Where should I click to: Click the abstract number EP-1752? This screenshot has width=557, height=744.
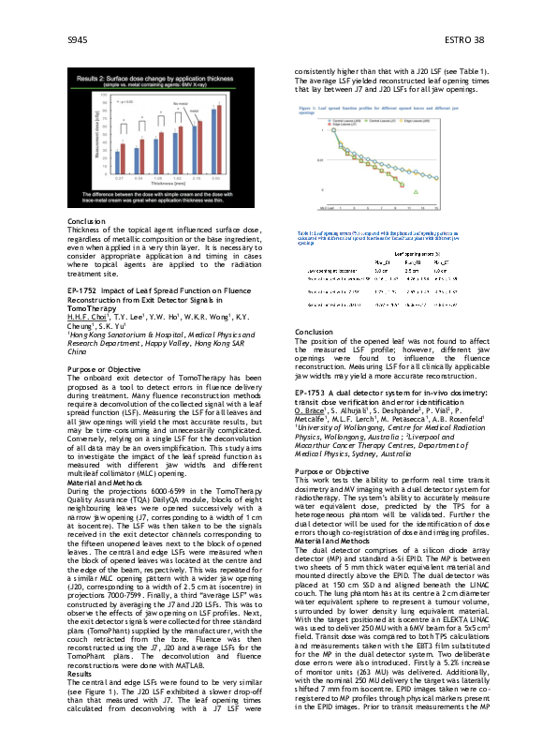tap(85, 292)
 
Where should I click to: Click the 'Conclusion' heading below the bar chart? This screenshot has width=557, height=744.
tap(87, 221)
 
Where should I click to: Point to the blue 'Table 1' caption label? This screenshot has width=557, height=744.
tap(305, 231)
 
